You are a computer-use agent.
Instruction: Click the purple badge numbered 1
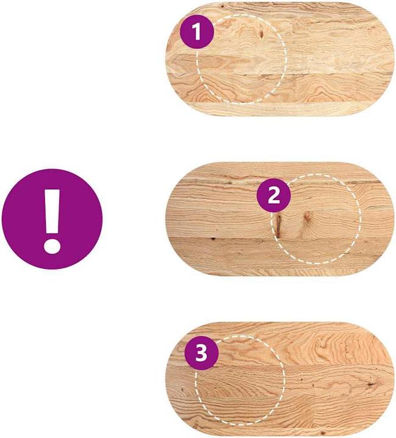pyautogui.click(x=197, y=32)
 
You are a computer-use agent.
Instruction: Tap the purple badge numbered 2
pyautogui.click(x=274, y=195)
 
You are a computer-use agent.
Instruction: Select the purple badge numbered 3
pyautogui.click(x=202, y=353)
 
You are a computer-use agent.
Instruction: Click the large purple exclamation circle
pyautogui.click(x=52, y=219)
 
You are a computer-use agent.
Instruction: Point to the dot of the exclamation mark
pyautogui.click(x=52, y=246)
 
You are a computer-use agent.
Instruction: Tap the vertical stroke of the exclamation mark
pyautogui.click(x=52, y=211)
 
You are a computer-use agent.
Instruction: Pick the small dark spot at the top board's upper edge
pyautogui.click(x=222, y=5)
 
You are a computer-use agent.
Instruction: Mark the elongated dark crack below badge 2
pyautogui.click(x=278, y=225)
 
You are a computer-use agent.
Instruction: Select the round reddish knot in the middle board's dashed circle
pyautogui.click(x=307, y=217)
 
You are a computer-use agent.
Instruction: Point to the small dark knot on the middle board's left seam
pyautogui.click(x=213, y=238)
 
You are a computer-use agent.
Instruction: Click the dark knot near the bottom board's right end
pyautogui.click(x=372, y=384)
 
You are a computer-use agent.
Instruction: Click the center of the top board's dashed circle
pyautogui.click(x=242, y=59)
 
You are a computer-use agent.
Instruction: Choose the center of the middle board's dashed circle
pyautogui.click(x=316, y=219)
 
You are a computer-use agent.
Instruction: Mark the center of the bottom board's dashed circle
pyautogui.click(x=240, y=380)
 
